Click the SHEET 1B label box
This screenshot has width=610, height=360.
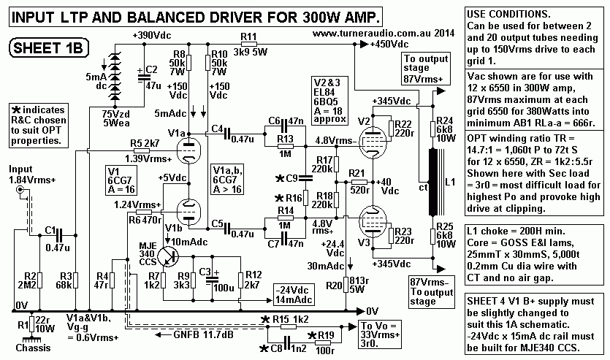45,49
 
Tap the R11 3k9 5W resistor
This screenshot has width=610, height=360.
250,45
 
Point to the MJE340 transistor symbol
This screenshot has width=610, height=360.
169,256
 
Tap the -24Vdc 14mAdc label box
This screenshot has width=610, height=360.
295,294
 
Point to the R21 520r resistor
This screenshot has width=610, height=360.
357,182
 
